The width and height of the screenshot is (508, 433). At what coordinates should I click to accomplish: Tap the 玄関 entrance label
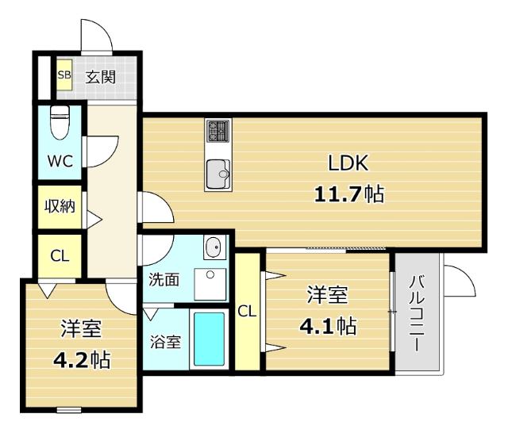click(x=101, y=77)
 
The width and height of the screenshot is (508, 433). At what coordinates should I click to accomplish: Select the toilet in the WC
click(x=59, y=122)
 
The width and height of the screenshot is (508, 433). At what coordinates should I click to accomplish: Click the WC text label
click(x=59, y=161)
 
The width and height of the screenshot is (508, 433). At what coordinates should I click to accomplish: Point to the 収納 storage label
click(x=59, y=207)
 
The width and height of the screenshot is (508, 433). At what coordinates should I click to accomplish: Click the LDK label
click(x=348, y=163)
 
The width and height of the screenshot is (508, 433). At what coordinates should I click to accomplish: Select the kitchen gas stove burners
click(x=217, y=131)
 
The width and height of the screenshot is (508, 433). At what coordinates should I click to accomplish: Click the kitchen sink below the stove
click(x=217, y=174)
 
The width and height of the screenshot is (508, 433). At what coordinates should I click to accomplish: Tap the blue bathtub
click(x=210, y=339)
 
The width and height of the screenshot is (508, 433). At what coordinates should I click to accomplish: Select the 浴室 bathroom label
click(x=165, y=343)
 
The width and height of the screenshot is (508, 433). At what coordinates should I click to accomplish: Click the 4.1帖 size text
click(x=326, y=325)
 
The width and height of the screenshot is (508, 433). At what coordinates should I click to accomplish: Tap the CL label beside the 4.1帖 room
click(x=248, y=311)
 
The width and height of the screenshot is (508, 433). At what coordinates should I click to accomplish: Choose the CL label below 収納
click(x=59, y=255)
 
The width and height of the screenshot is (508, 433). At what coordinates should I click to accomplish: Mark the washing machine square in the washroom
click(x=210, y=283)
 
